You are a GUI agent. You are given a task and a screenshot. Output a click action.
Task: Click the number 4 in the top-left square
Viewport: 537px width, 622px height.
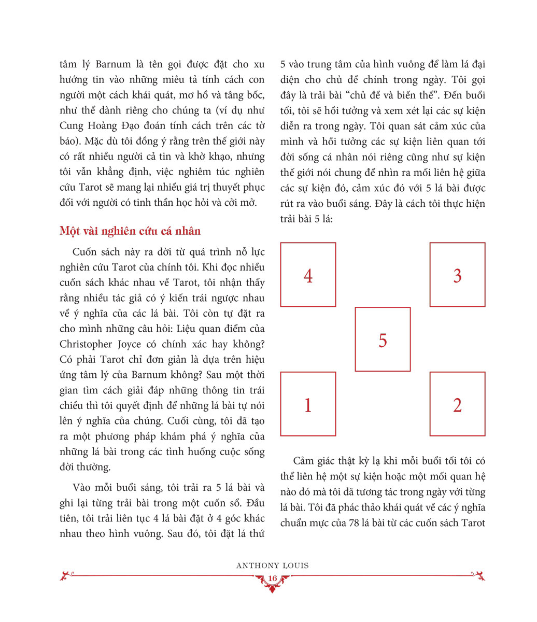(x=308, y=276)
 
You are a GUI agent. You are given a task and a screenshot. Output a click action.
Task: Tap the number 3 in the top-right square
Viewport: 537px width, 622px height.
(x=457, y=276)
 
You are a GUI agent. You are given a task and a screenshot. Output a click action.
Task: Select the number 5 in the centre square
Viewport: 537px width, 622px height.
(x=383, y=341)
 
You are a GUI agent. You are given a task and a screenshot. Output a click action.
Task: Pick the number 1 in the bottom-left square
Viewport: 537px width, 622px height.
(x=308, y=405)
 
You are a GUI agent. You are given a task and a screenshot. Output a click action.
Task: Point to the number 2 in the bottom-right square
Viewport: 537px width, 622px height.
(x=457, y=405)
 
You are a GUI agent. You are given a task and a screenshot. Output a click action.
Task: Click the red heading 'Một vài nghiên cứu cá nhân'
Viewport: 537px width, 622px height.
(x=130, y=231)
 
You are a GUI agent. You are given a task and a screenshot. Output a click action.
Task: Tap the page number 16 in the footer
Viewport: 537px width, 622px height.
(x=272, y=579)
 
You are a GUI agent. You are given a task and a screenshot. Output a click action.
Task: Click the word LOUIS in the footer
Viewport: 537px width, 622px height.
(x=295, y=565)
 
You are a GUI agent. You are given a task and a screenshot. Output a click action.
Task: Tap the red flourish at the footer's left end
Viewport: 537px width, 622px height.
(x=66, y=575)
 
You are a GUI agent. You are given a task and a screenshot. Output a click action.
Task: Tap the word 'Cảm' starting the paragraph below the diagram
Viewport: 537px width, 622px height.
(x=304, y=461)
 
